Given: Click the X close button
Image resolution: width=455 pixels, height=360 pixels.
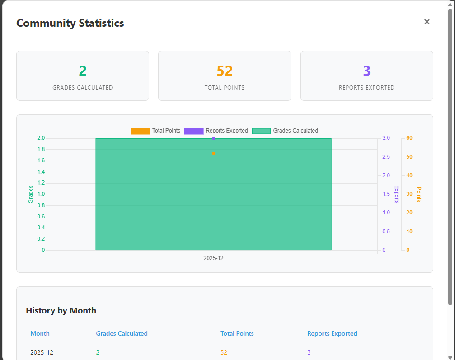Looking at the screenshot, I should click(427, 22).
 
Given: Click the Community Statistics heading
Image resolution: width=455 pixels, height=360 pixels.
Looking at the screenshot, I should click(70, 23).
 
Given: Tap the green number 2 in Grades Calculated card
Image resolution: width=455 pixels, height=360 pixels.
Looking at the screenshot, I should click(83, 71).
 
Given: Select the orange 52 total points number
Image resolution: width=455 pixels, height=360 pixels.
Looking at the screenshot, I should click(225, 71).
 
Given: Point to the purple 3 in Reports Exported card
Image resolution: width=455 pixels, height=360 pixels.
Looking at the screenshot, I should click(366, 71).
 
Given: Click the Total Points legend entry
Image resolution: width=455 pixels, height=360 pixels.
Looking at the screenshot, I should click(155, 131).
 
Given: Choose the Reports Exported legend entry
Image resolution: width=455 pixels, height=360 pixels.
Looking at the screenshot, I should click(216, 131).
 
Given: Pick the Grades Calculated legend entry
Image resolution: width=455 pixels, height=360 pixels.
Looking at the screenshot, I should click(285, 131).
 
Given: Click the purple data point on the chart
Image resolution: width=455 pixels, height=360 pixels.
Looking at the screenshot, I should click(213, 138).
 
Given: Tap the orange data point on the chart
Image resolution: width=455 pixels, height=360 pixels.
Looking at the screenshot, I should click(213, 153).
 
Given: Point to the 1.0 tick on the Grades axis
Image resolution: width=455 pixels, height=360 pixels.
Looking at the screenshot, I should click(41, 194).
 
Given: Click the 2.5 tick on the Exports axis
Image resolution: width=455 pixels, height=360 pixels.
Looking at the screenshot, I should click(386, 157).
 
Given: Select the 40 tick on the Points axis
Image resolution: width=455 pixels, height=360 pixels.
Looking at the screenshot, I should click(409, 175).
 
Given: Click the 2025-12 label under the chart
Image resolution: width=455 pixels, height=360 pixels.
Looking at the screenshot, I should click(213, 258).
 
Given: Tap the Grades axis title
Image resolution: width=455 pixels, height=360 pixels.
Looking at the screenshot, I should click(31, 194).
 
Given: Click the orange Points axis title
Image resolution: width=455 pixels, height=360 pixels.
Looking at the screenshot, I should click(419, 194).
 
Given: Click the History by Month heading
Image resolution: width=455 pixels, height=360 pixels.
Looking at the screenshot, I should click(61, 310).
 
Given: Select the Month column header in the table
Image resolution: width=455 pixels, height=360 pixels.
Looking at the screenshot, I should click(40, 333).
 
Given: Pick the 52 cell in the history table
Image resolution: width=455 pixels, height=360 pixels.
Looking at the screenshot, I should click(224, 352).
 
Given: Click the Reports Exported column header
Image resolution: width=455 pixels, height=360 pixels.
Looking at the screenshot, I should click(332, 333).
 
